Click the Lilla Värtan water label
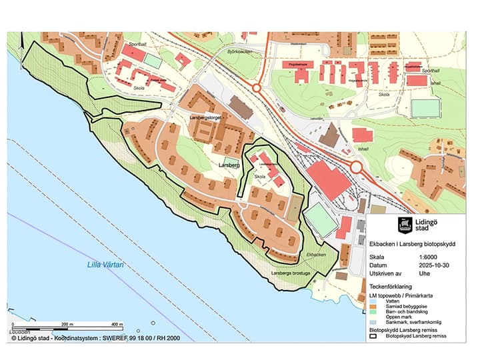[106, 264]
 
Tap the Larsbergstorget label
[205, 117]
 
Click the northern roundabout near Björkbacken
[257, 87]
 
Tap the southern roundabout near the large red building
[356, 167]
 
